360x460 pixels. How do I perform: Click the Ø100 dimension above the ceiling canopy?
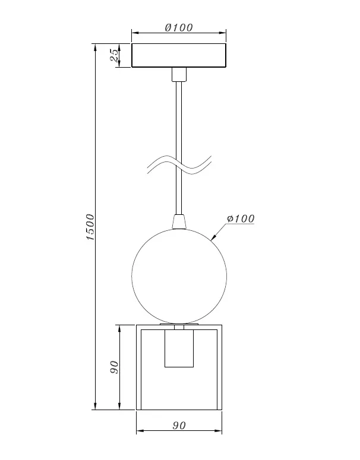point(179,27)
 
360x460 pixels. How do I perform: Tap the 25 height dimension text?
point(115,55)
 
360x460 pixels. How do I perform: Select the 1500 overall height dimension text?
point(90,227)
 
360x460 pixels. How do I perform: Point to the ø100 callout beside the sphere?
point(241,218)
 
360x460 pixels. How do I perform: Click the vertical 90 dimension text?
point(114,367)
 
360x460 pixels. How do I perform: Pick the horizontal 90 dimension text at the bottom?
point(179,426)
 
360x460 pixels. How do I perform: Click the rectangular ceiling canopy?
point(179,55)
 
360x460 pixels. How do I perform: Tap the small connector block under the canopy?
point(179,74)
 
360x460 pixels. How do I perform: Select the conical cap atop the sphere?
point(179,222)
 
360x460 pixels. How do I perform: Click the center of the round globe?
point(179,276)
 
